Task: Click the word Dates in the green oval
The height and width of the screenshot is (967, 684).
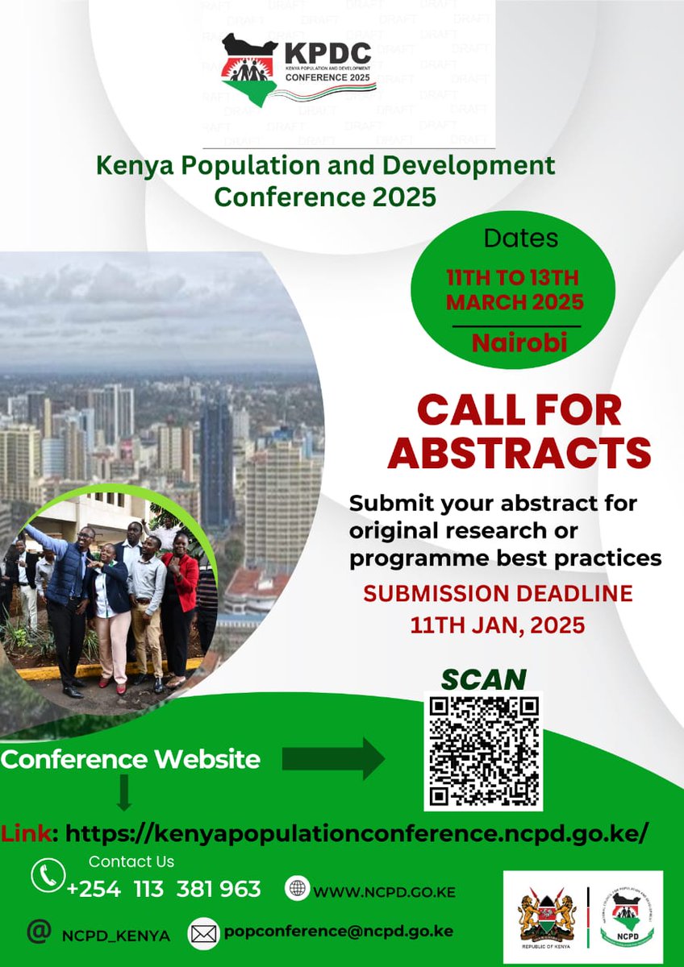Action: [x=520, y=239]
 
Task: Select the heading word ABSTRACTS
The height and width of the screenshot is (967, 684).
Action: [x=519, y=453]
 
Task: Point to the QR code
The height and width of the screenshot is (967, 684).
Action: [x=483, y=751]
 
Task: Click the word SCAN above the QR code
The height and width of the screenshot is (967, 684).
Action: [x=483, y=679]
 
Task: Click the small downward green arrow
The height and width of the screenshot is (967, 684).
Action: [x=123, y=793]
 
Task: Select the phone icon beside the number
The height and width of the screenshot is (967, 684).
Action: [x=48, y=875]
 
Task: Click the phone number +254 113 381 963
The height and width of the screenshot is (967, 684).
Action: [x=164, y=889]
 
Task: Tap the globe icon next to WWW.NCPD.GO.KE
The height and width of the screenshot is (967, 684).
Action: [x=298, y=888]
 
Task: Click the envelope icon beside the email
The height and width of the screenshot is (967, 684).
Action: [x=204, y=934]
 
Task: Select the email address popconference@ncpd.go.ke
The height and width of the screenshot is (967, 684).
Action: [x=339, y=932]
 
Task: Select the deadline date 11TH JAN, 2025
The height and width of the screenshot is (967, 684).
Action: [x=497, y=625]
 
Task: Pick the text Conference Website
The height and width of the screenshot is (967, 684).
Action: [x=131, y=759]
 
